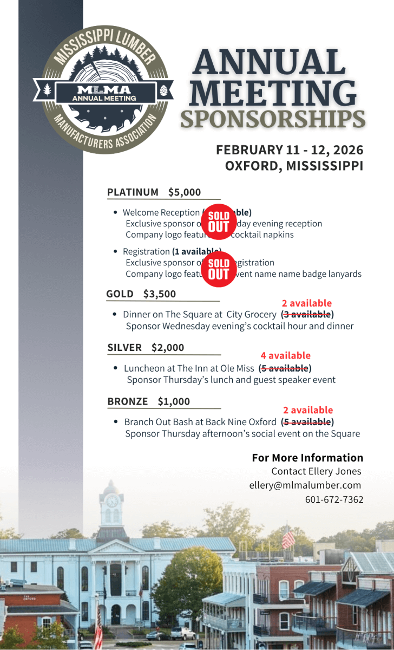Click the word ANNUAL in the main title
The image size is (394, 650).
[x=269, y=62]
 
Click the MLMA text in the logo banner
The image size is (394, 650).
[x=104, y=89]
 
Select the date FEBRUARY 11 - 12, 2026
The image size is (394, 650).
[x=290, y=150]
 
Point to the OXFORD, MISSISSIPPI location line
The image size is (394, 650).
[x=294, y=166]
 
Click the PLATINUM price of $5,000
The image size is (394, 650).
[x=185, y=192]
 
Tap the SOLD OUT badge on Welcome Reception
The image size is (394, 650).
[x=219, y=222]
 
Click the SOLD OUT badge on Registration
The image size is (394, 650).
[x=219, y=269]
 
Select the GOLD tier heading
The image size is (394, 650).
[x=120, y=294]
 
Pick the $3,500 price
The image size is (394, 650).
[x=160, y=294]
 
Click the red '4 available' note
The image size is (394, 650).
[x=285, y=356]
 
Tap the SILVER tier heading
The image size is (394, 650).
[x=124, y=348]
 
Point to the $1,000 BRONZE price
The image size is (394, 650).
[x=174, y=401]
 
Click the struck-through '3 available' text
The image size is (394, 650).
[x=307, y=314]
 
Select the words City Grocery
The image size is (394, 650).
[x=251, y=314]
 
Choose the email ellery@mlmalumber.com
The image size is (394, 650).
[x=305, y=485]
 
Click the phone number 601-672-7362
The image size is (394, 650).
[x=334, y=499]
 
